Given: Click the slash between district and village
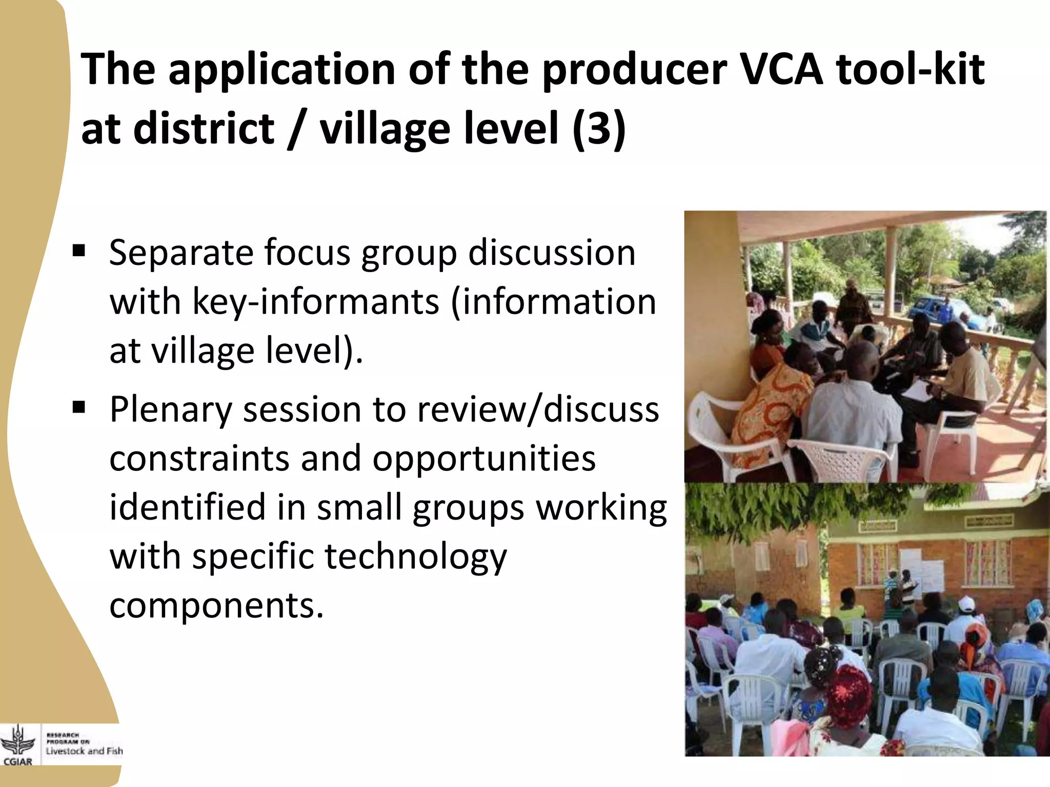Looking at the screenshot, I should [296, 129].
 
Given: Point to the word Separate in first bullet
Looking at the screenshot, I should [181, 253].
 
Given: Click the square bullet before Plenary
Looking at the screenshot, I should [79, 408].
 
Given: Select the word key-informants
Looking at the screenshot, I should [315, 302].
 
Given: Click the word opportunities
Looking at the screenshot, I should [483, 458].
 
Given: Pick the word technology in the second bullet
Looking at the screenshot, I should [415, 556].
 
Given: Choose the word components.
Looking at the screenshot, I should [216, 606].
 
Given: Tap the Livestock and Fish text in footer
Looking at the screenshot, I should [84, 751].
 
